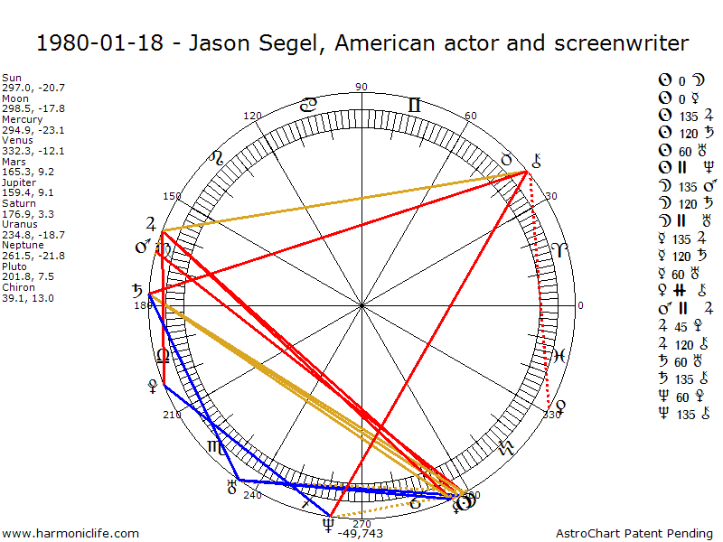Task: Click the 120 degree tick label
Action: click(253, 117)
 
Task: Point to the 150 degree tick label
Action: click(172, 196)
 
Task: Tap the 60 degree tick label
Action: click(470, 117)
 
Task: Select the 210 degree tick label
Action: click(172, 415)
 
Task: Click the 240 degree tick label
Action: click(252, 495)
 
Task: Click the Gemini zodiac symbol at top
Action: click(414, 106)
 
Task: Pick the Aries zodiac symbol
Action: click(562, 251)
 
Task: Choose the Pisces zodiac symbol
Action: click(560, 355)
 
